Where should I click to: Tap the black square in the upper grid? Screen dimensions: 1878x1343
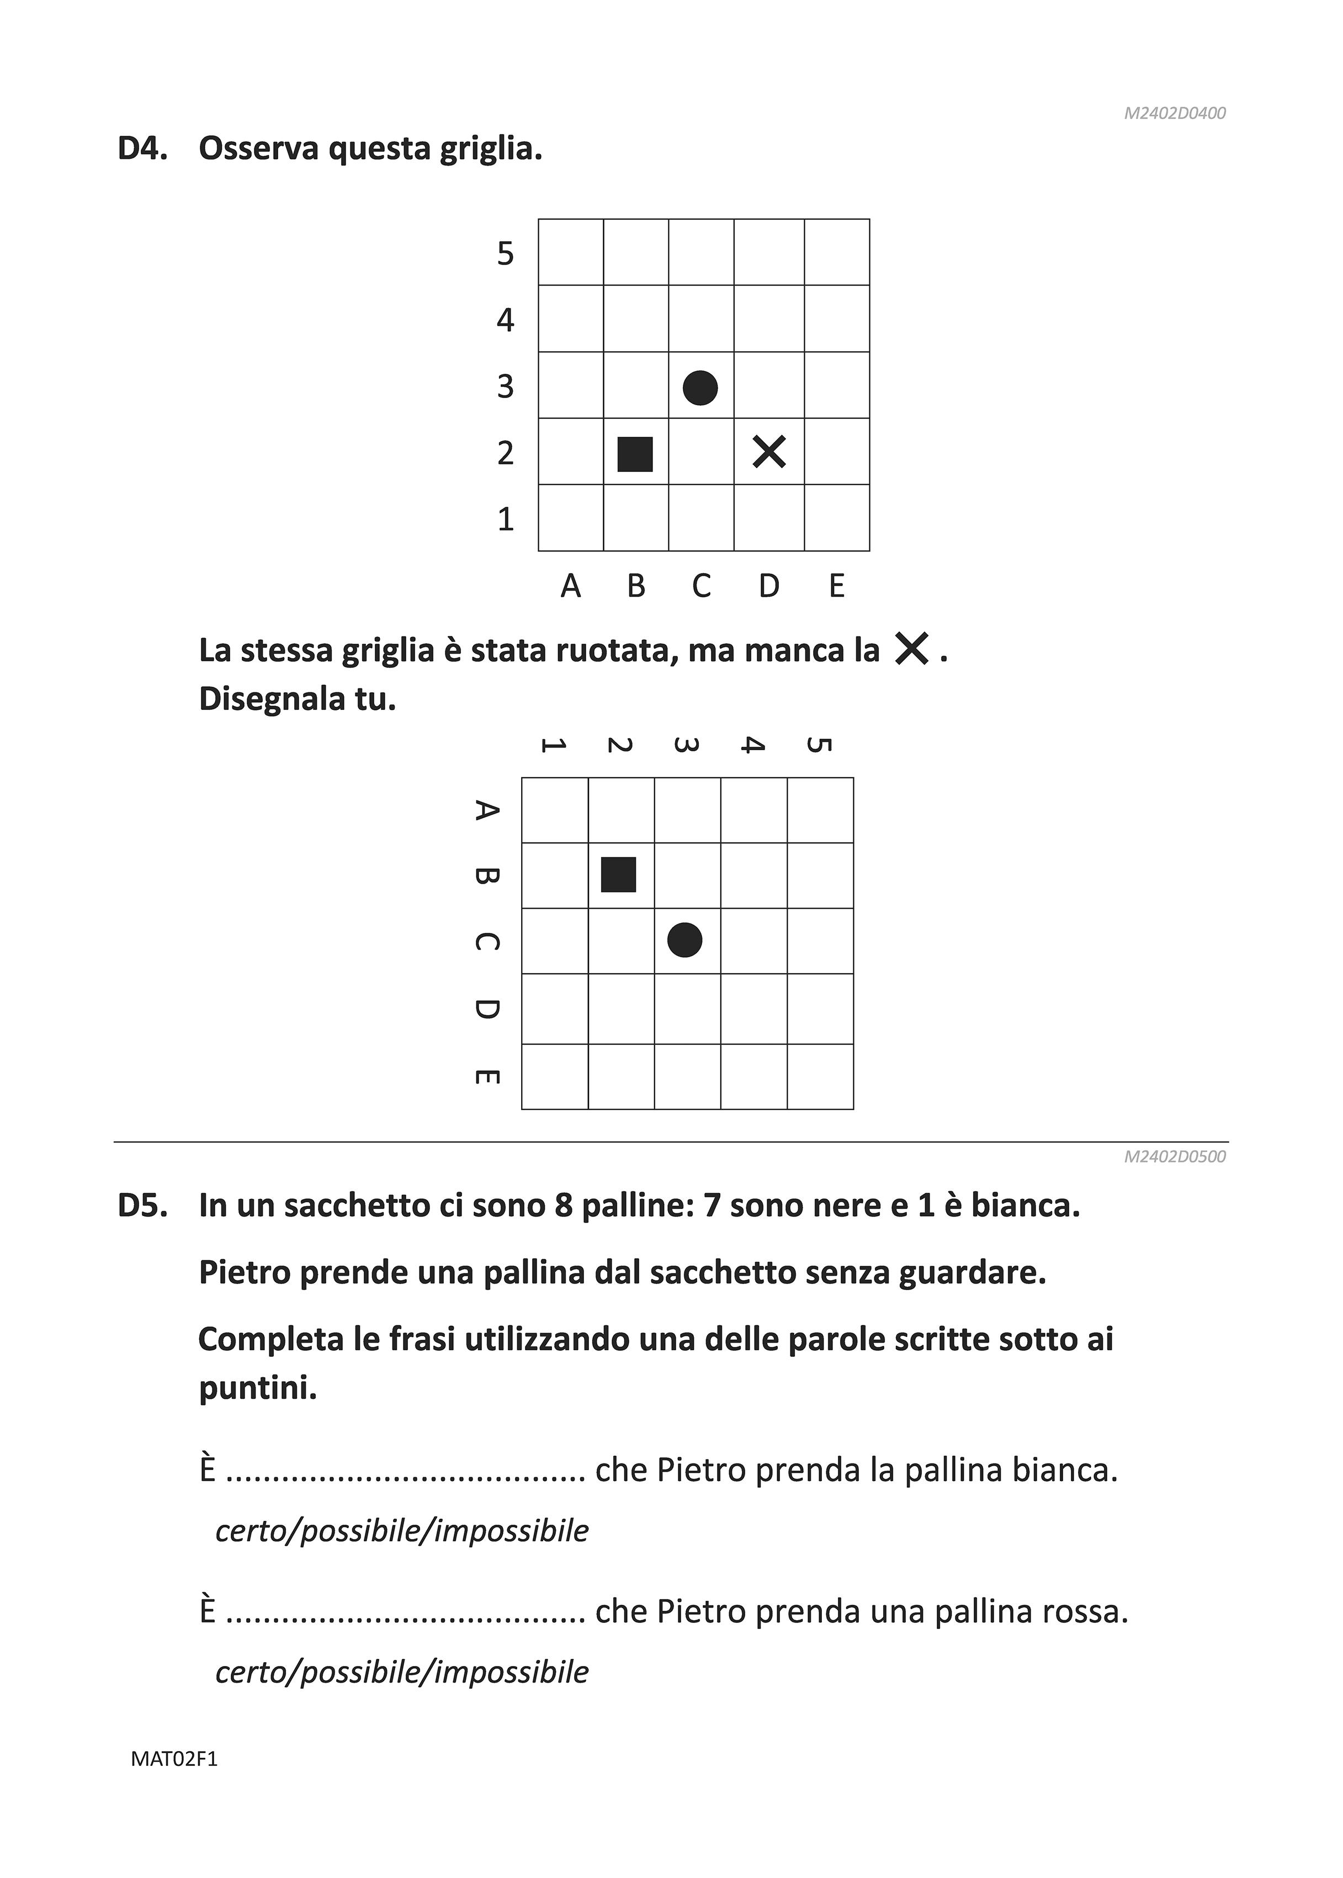pos(635,454)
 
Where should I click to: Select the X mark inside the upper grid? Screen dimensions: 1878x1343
pos(769,452)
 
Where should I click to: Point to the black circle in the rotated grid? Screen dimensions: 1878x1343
pos(684,940)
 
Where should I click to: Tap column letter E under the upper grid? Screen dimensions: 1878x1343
pos(837,586)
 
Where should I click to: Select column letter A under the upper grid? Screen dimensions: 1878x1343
pos(571,586)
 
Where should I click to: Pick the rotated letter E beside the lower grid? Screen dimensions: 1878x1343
pos(487,1076)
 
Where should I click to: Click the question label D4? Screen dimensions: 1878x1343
pos(143,149)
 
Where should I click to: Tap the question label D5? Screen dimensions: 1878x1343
pos(143,1206)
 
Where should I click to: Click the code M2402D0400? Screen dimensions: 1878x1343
pos(1174,113)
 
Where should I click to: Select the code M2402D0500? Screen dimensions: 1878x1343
pos(1174,1156)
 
